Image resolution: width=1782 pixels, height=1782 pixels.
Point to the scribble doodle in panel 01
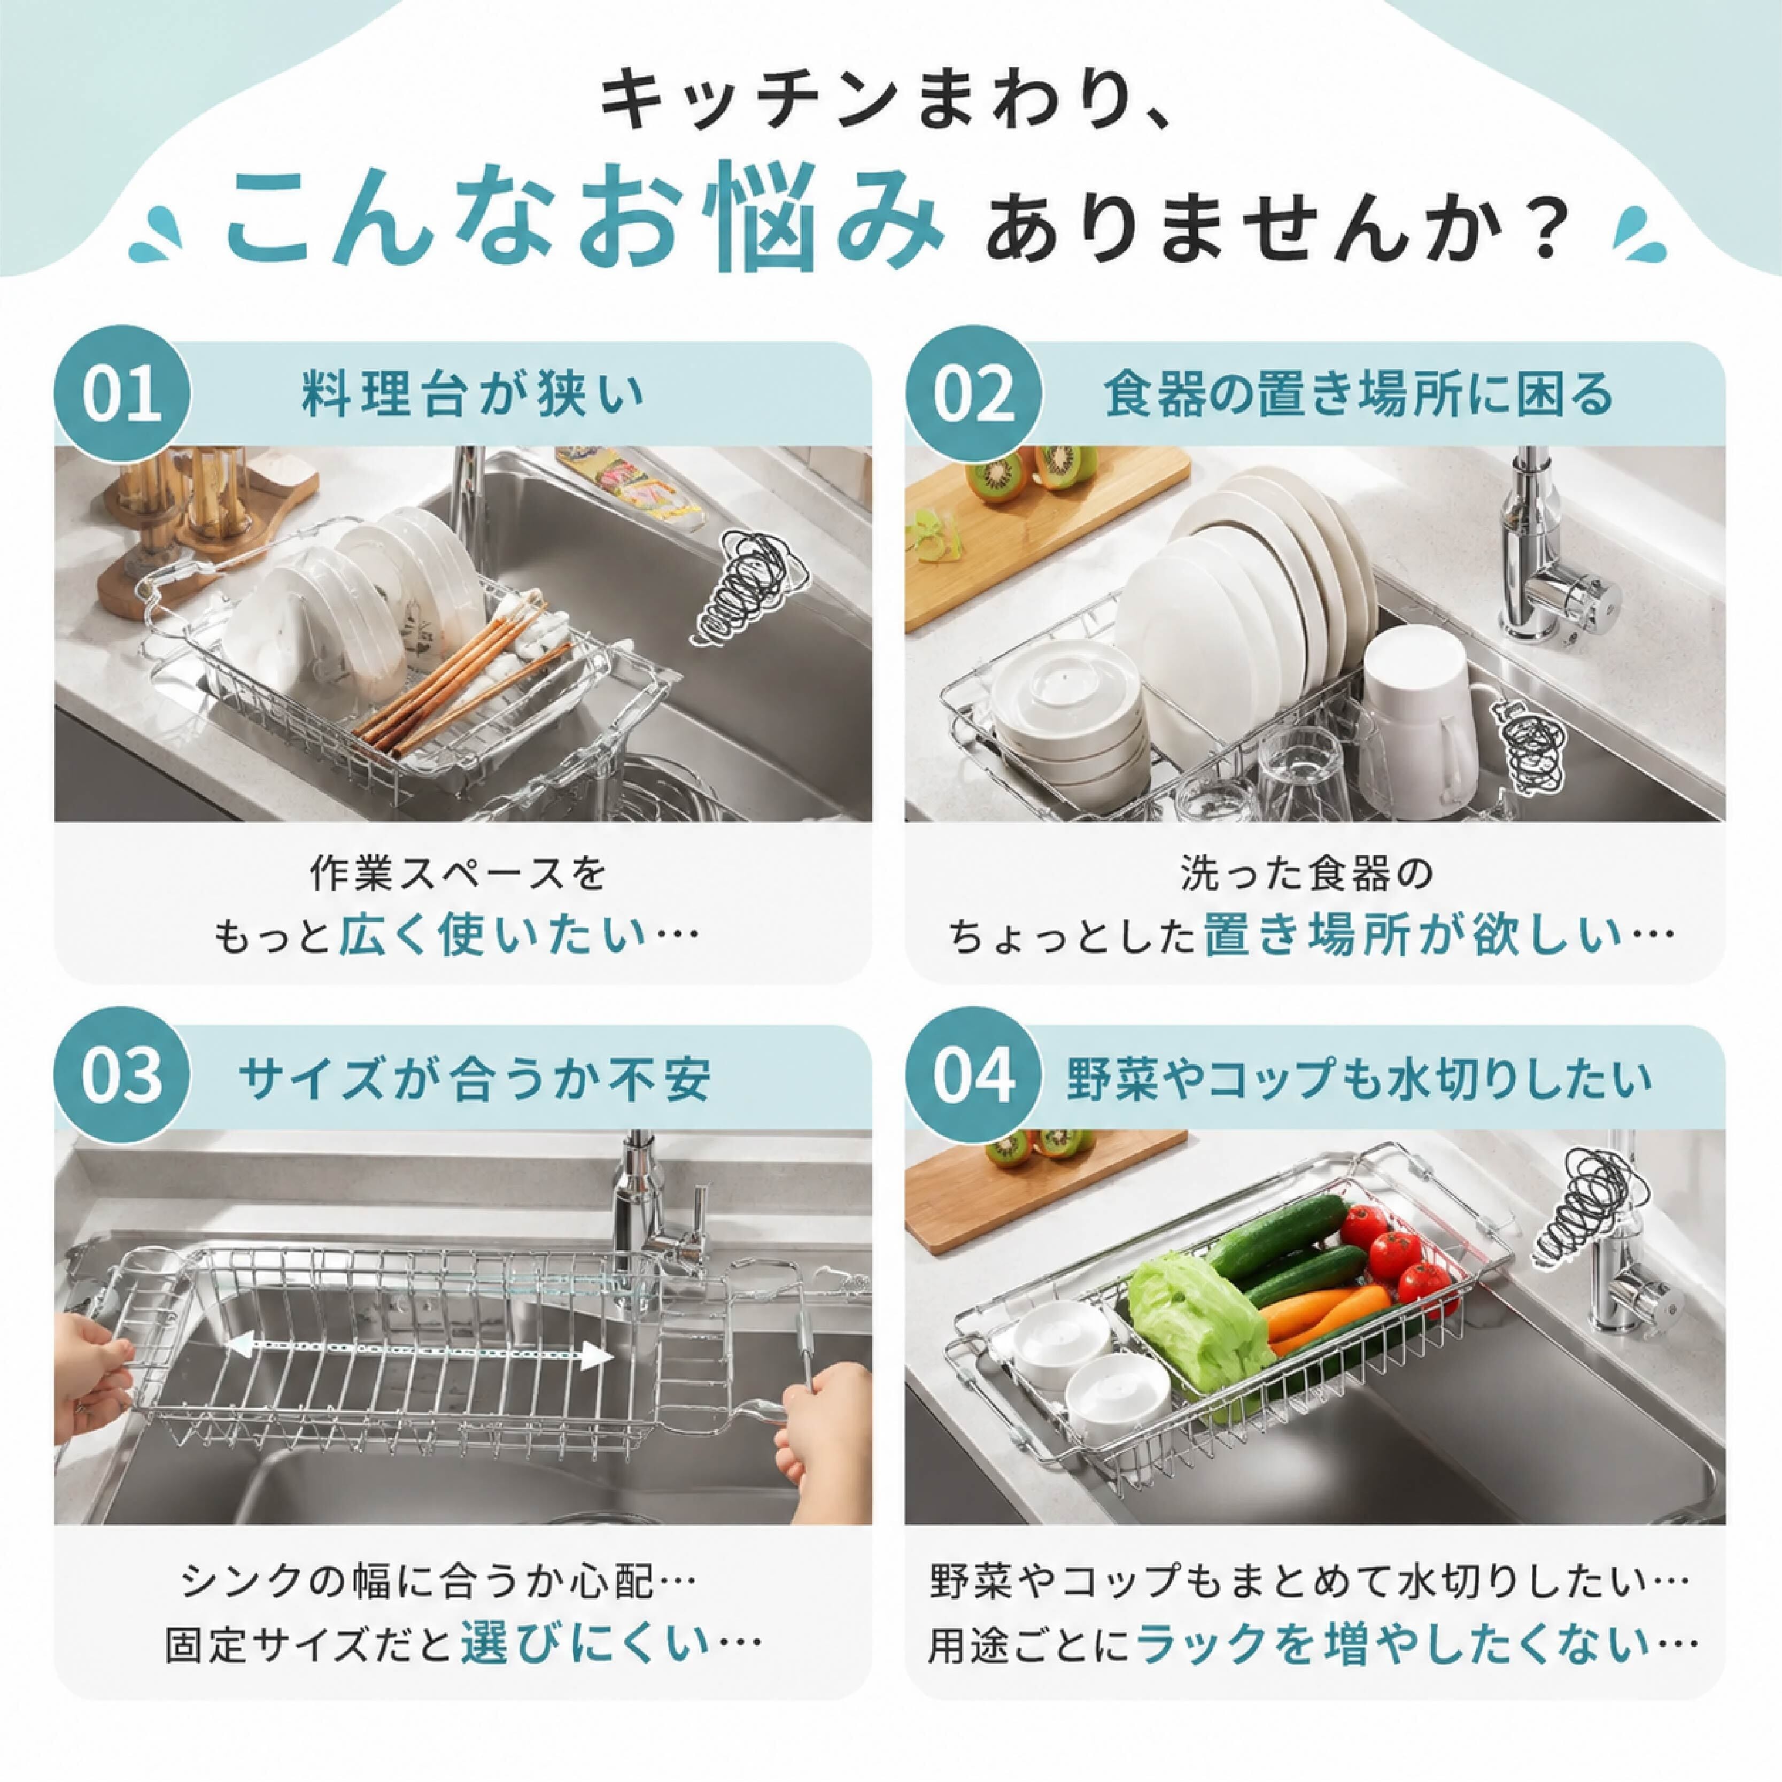[749, 587]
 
